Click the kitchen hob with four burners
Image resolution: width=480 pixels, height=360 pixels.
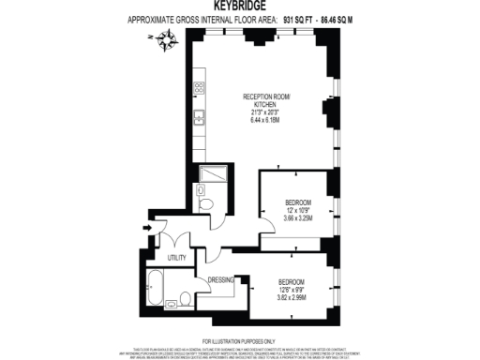coord(199,89)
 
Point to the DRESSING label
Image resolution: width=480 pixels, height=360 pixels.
coord(221,278)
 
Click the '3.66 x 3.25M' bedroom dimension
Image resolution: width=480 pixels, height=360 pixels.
coord(297,217)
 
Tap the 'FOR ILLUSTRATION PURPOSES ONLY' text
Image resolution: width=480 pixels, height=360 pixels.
coord(239,338)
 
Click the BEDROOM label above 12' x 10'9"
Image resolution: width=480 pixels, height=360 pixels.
coord(297,202)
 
